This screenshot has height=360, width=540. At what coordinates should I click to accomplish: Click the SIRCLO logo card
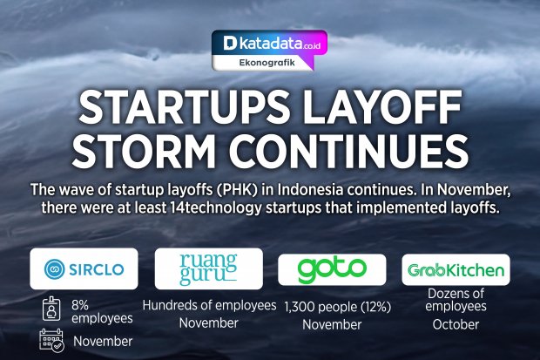[x=84, y=268]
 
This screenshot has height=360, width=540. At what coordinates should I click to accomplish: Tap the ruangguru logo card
[x=209, y=268]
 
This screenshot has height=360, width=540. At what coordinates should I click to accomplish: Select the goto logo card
[x=332, y=269]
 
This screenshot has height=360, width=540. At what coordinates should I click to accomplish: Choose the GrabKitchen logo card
[x=456, y=269]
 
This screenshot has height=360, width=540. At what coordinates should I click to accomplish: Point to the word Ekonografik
[x=267, y=63]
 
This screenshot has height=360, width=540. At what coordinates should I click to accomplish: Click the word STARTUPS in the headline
[x=185, y=107]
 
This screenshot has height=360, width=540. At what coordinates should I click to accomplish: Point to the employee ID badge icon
[x=51, y=309]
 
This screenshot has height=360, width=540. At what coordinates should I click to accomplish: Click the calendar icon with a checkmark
[x=51, y=340]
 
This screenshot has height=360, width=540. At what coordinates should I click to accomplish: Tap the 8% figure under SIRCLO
[x=80, y=305]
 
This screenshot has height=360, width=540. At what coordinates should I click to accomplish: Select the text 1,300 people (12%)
[x=338, y=307]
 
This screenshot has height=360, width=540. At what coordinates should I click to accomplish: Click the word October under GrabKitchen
[x=456, y=324]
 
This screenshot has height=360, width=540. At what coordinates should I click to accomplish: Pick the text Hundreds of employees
[x=209, y=305]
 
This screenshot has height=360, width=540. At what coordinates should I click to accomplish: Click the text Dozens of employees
[x=456, y=300]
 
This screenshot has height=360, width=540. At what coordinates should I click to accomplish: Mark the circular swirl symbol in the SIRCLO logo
[x=54, y=269]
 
